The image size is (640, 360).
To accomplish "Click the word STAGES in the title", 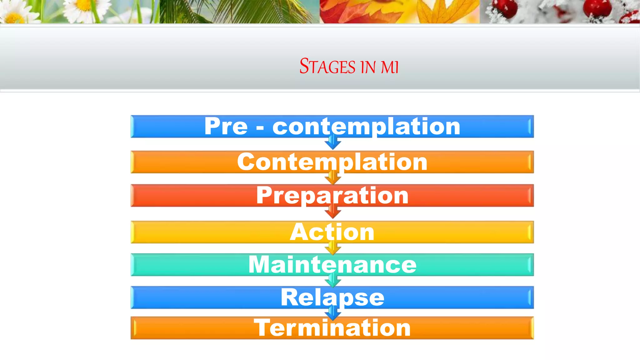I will click(x=327, y=67).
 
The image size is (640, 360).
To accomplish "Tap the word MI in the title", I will click(x=390, y=67).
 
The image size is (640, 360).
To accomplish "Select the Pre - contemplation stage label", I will click(x=332, y=126).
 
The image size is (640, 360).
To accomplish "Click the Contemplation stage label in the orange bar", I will click(x=332, y=162).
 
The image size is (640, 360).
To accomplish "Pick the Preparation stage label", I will click(x=332, y=196).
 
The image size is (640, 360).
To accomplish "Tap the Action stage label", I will click(x=332, y=232).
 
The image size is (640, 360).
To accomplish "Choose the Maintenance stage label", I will click(x=332, y=265).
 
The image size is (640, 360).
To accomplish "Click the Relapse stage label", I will click(x=332, y=297).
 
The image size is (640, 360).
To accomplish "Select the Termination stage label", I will click(x=332, y=328).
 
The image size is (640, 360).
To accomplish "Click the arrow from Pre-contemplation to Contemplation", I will click(x=333, y=144).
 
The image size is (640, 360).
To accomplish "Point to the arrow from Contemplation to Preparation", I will click(x=333, y=179).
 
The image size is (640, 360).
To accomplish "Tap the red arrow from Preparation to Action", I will click(x=333, y=213).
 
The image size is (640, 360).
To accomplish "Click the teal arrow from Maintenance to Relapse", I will click(x=333, y=282).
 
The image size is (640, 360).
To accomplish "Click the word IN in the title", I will click(x=368, y=67).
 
